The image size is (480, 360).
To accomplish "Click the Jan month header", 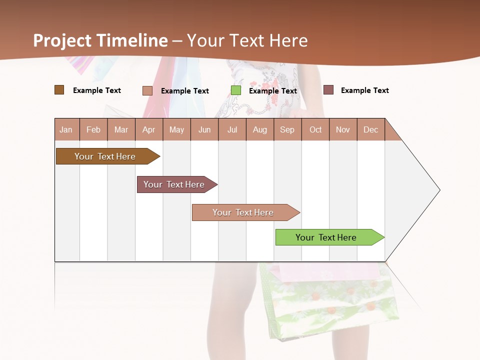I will pyautogui.click(x=66, y=130).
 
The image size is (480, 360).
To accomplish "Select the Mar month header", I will pyautogui.click(x=121, y=130).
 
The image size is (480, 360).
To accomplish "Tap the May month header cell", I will pyautogui.click(x=176, y=130).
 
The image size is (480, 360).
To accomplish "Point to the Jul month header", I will pyautogui.click(x=232, y=130).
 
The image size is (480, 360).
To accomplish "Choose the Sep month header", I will pyautogui.click(x=287, y=130).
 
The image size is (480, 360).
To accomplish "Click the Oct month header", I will pyautogui.click(x=315, y=130).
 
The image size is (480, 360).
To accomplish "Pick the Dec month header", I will pyautogui.click(x=370, y=130).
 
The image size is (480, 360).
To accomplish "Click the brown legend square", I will pyautogui.click(x=59, y=90).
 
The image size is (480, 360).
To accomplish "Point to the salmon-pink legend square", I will pyautogui.click(x=147, y=90).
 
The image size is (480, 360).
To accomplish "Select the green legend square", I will pyautogui.click(x=236, y=90).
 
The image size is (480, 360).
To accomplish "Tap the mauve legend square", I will pyautogui.click(x=328, y=90).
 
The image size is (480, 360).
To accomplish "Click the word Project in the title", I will pyautogui.click(x=62, y=40).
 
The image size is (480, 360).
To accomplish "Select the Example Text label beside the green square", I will pyautogui.click(x=273, y=91).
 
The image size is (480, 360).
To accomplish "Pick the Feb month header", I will pyautogui.click(x=93, y=130).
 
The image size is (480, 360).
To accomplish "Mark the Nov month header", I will pyautogui.click(x=343, y=130).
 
